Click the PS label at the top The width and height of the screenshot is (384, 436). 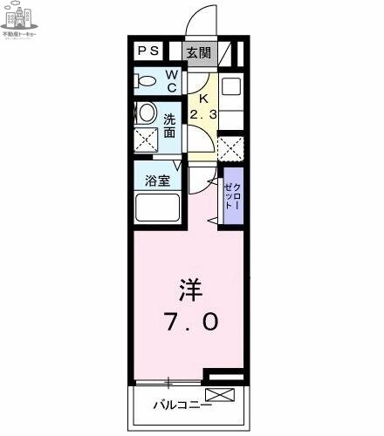[x=147, y=51]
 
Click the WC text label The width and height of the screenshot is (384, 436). [x=172, y=81]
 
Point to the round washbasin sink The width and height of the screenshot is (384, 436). [x=147, y=112]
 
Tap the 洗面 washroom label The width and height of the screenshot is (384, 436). [x=169, y=126]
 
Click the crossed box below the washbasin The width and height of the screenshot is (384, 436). [x=147, y=140]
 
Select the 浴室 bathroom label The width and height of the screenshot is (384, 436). [x=157, y=181]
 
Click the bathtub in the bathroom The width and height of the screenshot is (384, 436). [x=157, y=210]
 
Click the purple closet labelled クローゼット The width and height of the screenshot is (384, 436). [x=232, y=195]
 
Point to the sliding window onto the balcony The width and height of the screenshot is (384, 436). [x=169, y=382]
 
